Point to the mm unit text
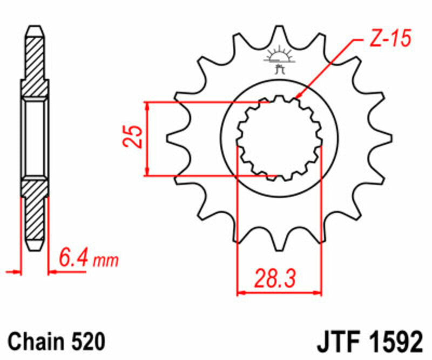point(105,262)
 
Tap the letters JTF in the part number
point(335,342)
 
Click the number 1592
point(393,342)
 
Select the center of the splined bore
point(279,138)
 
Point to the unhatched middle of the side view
point(35,138)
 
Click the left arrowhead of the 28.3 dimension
point(241,293)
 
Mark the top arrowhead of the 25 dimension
point(146,105)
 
